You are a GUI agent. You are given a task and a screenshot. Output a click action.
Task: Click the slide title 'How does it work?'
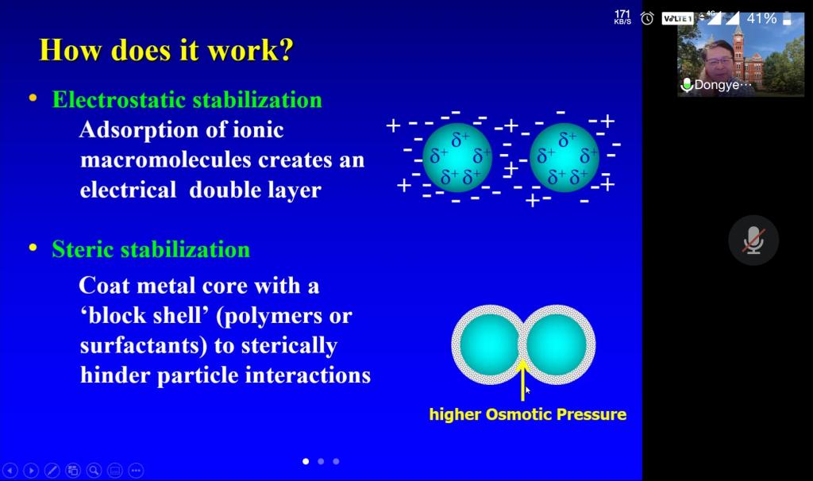tap(167, 51)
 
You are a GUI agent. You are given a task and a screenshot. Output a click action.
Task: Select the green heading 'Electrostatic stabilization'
tap(187, 100)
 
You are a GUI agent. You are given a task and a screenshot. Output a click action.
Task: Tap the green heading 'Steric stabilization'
tap(151, 249)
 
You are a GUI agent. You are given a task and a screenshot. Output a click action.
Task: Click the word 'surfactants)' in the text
tap(144, 346)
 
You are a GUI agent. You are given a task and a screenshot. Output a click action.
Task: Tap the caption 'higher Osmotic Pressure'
tap(528, 414)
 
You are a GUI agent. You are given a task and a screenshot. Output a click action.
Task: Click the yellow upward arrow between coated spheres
tap(523, 380)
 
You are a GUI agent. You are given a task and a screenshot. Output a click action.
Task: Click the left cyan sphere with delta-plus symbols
tap(457, 158)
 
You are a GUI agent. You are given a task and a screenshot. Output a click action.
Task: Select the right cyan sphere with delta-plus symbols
tap(564, 158)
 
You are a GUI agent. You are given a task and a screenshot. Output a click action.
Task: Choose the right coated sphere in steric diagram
tap(557, 344)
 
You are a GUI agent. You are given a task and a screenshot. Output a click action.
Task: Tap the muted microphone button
tap(753, 240)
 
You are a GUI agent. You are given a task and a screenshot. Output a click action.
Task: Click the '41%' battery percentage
tap(761, 19)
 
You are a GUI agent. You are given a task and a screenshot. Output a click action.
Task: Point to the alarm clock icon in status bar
tap(647, 19)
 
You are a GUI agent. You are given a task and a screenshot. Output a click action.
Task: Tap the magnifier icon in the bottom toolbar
tap(94, 471)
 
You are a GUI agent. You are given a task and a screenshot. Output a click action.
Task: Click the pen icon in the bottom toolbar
tap(52, 471)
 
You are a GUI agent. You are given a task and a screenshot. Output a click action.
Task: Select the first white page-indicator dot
tap(306, 461)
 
